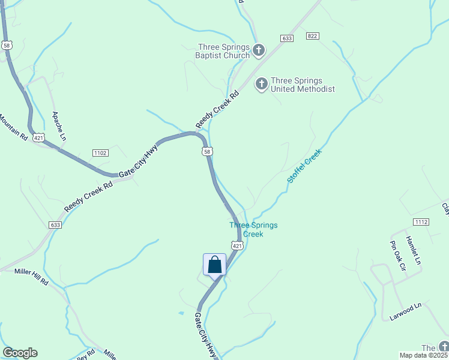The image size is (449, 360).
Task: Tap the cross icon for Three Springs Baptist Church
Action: tap(259, 50)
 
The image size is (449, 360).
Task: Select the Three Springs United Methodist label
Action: tap(303, 85)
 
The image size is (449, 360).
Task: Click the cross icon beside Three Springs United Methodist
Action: tap(262, 84)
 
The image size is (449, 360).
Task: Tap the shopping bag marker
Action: tap(215, 265)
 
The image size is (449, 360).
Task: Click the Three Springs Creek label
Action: tap(253, 229)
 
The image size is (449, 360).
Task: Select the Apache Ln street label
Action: tap(59, 125)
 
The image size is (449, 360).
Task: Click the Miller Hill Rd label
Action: tap(31, 276)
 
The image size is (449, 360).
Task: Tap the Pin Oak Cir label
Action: tap(398, 256)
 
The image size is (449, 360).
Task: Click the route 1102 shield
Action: tap(100, 153)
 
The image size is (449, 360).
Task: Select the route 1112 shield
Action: tap(421, 222)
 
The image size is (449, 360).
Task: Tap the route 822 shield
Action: tap(312, 37)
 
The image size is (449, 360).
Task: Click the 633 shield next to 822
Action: tap(286, 38)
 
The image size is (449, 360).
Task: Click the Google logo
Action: tap(20, 353)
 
